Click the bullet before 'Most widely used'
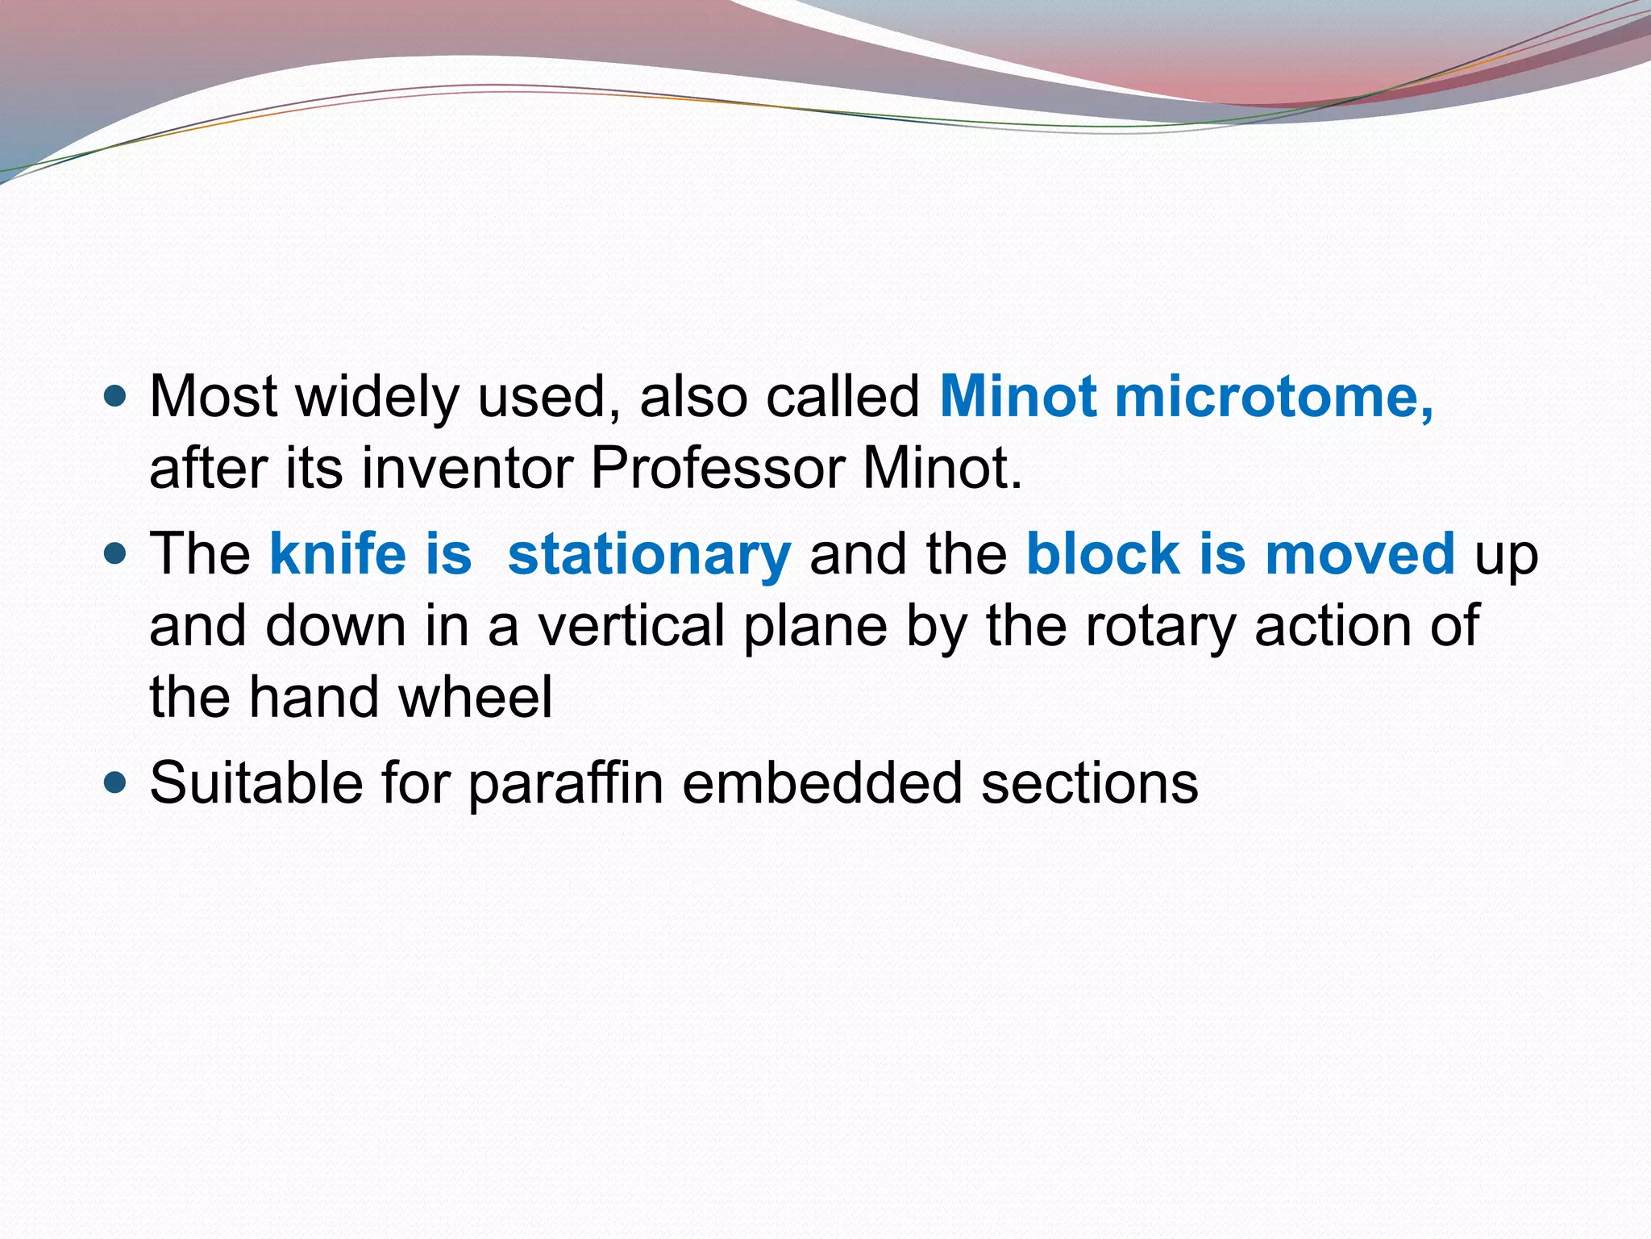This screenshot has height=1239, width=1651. pos(116,397)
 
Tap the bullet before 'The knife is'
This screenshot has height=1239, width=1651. pos(116,554)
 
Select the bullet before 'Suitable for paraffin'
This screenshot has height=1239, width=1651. pos(116,782)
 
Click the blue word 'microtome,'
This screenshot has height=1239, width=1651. pos(1274,397)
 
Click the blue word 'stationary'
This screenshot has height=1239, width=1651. pos(649,555)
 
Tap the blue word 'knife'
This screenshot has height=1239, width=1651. pos(338,555)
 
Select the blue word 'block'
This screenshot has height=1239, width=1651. pos(1102,555)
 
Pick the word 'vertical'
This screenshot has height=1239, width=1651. pos(631,626)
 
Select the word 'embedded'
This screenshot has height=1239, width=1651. pos(822,782)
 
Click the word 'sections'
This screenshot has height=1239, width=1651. pos(1089,782)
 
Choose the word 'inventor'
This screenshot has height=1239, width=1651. pos(467,468)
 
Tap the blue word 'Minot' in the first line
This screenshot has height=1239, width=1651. pos(1017,397)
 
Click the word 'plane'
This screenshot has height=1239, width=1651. pos(814,626)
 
